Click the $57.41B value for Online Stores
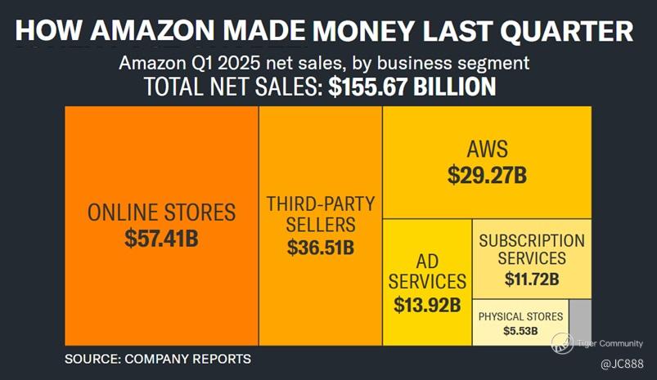161,239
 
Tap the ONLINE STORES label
161,213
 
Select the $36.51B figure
321,248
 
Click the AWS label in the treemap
487,150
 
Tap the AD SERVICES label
427,271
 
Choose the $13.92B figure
427,306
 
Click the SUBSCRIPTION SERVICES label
532,249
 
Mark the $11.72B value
532,279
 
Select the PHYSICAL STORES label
520,316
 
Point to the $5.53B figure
520,332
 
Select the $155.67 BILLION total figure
412,87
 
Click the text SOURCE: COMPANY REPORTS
158,359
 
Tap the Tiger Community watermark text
610,343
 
